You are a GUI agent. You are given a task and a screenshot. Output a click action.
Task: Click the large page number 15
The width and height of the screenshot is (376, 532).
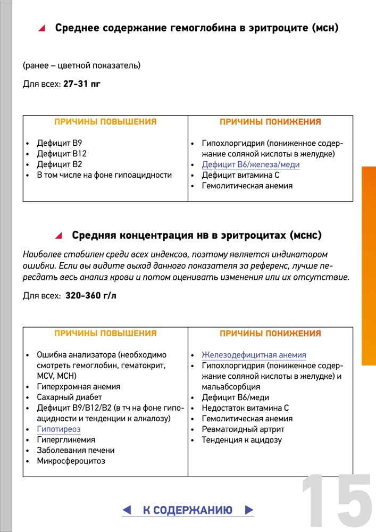336,500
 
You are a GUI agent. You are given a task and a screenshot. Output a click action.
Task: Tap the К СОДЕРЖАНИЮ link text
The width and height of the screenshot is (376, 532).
188,510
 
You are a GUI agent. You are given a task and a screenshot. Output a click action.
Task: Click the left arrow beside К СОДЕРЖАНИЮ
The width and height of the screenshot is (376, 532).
127,510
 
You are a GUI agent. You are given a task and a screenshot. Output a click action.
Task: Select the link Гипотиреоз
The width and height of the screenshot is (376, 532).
59,429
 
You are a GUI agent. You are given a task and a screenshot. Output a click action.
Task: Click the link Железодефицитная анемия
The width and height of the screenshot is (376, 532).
254,355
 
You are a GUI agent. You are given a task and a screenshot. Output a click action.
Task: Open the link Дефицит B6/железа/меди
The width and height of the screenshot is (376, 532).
250,165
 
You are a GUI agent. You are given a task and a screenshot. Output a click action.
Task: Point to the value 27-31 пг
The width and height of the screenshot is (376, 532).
81,84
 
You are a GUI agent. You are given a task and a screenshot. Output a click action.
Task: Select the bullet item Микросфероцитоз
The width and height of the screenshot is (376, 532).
71,461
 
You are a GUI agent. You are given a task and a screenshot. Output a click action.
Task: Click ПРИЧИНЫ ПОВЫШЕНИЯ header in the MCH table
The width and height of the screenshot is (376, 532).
105,122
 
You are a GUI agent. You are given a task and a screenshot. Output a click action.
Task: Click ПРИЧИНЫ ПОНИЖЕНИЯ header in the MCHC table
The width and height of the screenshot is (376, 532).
270,334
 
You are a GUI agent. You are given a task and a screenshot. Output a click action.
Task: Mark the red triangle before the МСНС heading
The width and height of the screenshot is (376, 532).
59,235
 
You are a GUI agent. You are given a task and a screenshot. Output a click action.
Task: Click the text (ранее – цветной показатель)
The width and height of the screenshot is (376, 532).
81,65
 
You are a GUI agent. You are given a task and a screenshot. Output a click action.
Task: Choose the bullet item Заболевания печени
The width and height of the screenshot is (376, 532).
76,451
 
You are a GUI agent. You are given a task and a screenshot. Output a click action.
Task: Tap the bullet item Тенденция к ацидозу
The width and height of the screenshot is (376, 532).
241,440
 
